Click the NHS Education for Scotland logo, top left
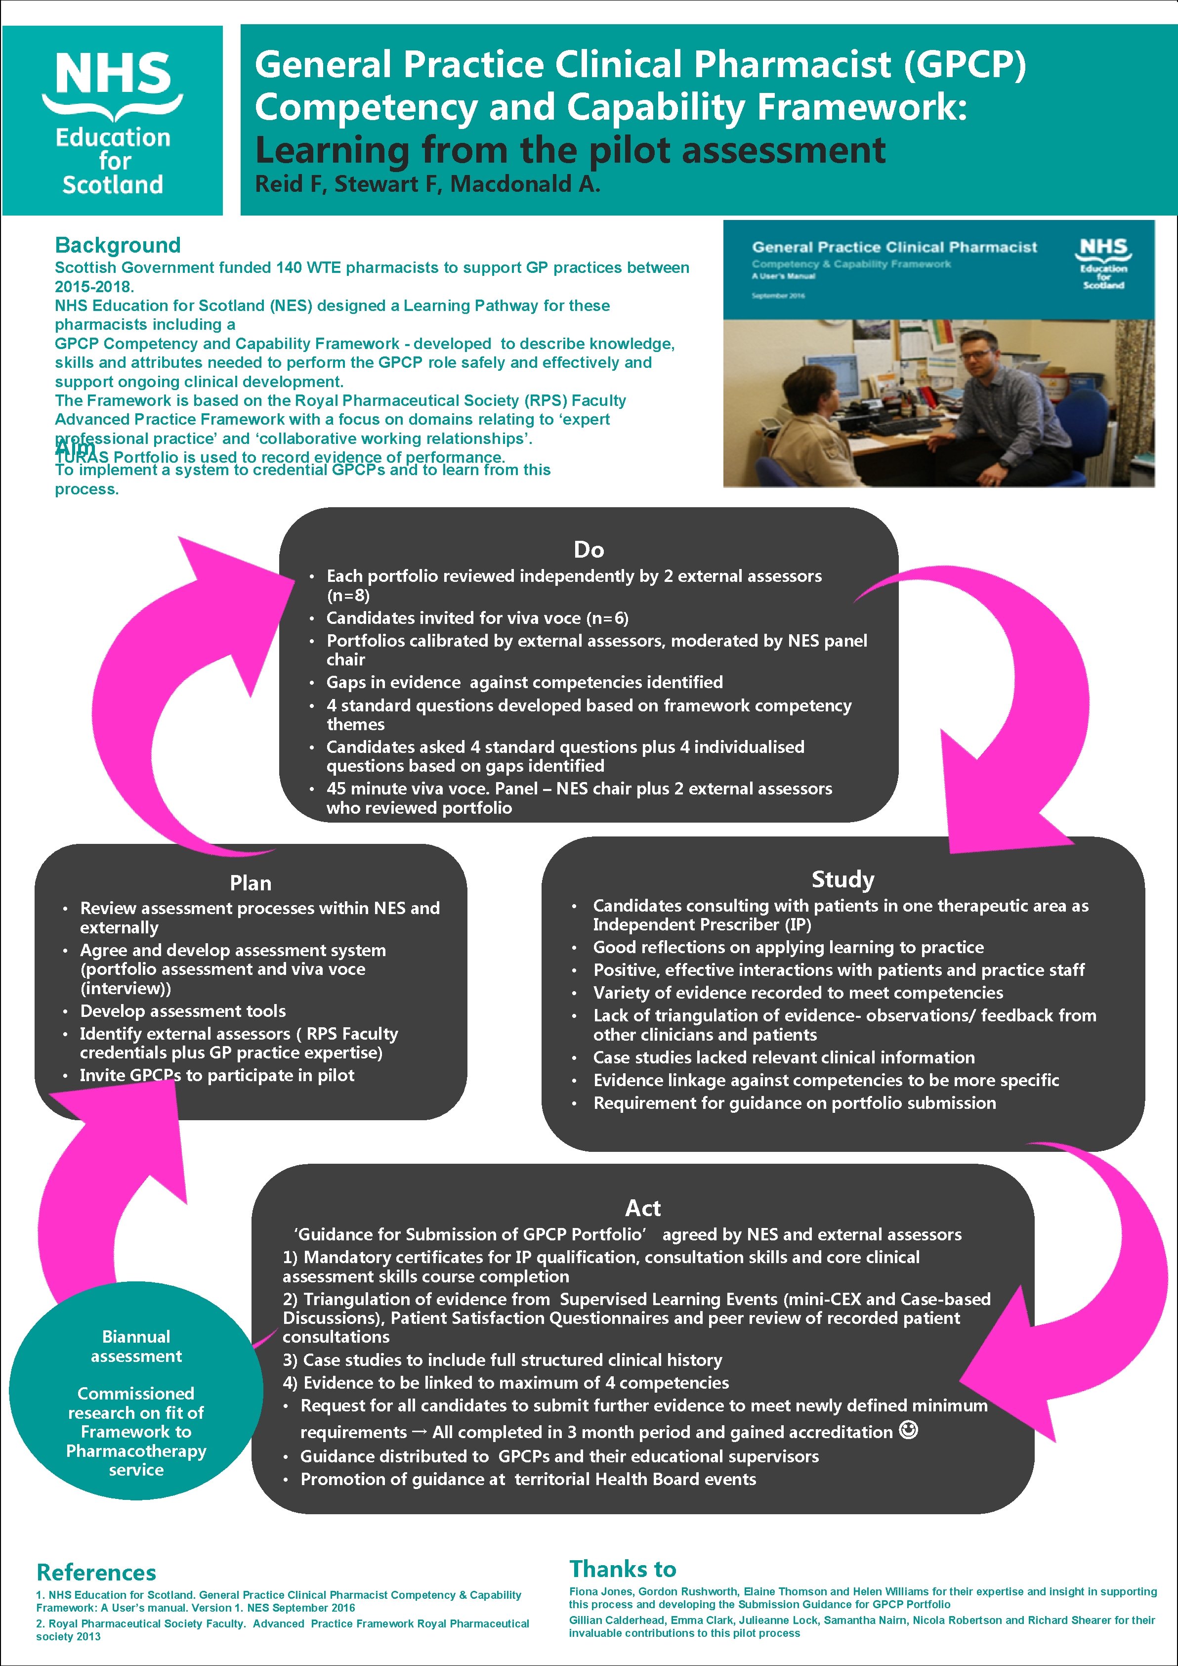tap(113, 121)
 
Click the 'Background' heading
tap(118, 245)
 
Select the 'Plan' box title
tap(250, 883)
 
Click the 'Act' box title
tap(643, 1208)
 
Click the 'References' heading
tap(96, 1573)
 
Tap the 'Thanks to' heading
tap(623, 1569)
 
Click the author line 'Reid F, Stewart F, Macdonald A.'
tap(427, 184)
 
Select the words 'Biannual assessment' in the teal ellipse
tap(136, 1346)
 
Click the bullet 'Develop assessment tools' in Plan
tap(183, 1011)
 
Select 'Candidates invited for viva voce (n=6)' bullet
tap(477, 618)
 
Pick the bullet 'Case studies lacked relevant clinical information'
tap(783, 1057)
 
